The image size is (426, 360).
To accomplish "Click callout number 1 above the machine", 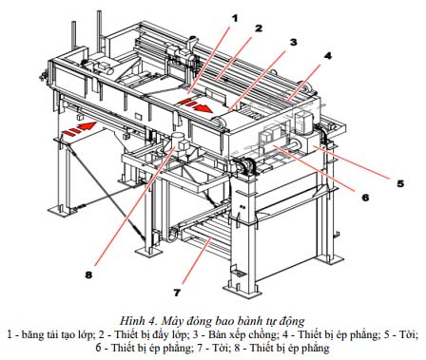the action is (235, 18).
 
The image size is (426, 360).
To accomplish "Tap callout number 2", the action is (259, 28).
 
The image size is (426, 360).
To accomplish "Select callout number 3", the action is (293, 42).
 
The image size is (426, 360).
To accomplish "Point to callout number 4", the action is (328, 56).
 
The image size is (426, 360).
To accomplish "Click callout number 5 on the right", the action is (400, 183).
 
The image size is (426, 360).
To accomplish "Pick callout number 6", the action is (365, 198).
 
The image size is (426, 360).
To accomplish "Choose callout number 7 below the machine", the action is (177, 293).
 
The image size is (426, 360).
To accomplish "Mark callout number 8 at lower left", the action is (88, 275).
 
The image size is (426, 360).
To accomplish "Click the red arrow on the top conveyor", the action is (195, 105).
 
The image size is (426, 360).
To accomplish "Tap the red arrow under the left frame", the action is (79, 129).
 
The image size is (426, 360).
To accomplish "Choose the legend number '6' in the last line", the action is (99, 349).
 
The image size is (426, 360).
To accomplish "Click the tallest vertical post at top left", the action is (99, 31).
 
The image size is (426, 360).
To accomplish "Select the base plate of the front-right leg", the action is (243, 290).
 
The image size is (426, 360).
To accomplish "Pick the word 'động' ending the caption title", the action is (291, 322).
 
